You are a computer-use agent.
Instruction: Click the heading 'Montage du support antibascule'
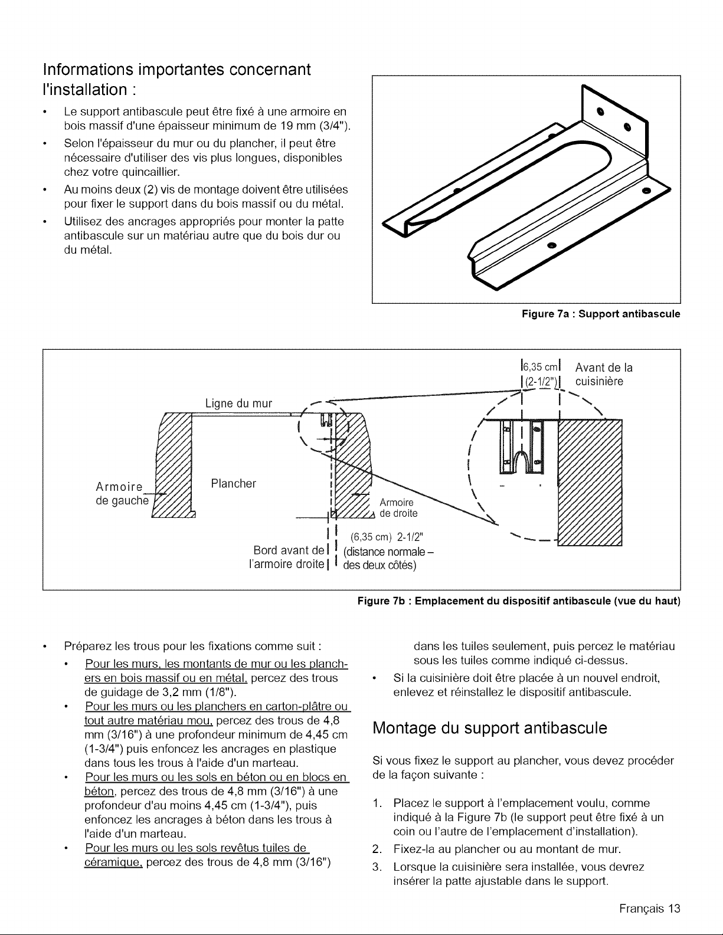(x=490, y=727)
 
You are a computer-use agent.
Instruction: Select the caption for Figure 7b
(x=519, y=601)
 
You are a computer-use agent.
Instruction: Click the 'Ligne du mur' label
(x=238, y=403)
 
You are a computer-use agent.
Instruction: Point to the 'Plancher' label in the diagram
(x=234, y=484)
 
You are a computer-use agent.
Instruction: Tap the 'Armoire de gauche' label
(x=121, y=494)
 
